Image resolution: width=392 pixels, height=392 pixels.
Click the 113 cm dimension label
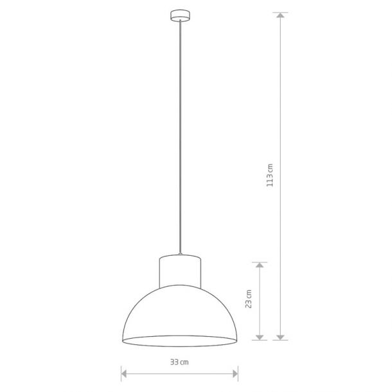[270, 175]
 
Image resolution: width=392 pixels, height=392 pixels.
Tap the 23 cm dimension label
[249, 299]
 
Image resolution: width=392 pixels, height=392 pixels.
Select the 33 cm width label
[179, 362]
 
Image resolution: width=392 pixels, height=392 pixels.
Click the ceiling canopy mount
[180, 15]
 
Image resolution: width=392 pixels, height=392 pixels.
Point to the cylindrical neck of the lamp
[180, 271]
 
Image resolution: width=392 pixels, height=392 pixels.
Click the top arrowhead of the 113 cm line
[280, 15]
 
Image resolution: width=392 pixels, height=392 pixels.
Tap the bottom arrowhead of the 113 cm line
[280, 337]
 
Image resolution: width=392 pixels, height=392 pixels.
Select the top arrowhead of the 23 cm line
[260, 265]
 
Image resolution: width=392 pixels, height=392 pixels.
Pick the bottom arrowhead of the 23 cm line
[260, 337]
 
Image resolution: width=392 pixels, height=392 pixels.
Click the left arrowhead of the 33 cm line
[124, 374]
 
